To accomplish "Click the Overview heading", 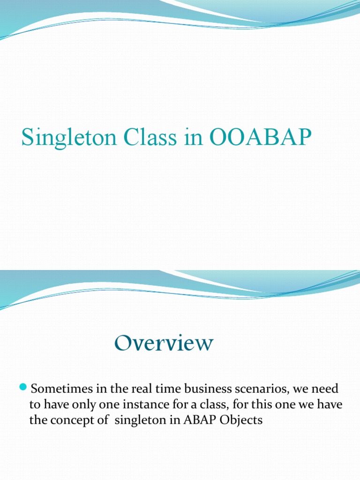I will pyautogui.click(x=163, y=343).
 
